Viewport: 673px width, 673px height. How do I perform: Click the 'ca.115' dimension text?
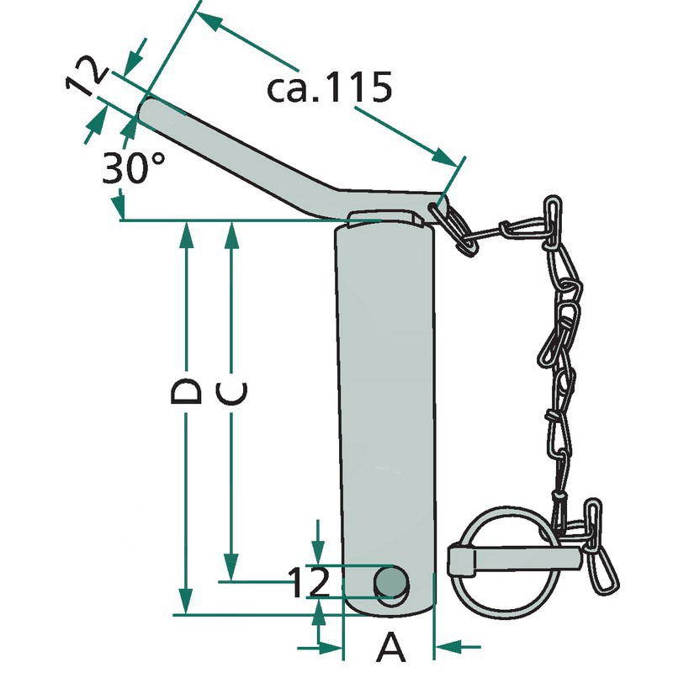click(329, 87)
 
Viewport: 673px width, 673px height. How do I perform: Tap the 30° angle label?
click(134, 167)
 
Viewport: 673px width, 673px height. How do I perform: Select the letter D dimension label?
click(186, 391)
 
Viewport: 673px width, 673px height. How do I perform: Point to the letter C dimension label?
click(232, 394)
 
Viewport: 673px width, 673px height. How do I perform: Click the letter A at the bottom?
click(390, 646)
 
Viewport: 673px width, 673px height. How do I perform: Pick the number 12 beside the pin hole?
click(310, 582)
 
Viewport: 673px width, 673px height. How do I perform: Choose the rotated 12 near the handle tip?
click(86, 76)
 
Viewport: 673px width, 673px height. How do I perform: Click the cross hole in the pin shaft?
click(390, 582)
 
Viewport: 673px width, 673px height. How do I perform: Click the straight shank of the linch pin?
click(515, 560)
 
